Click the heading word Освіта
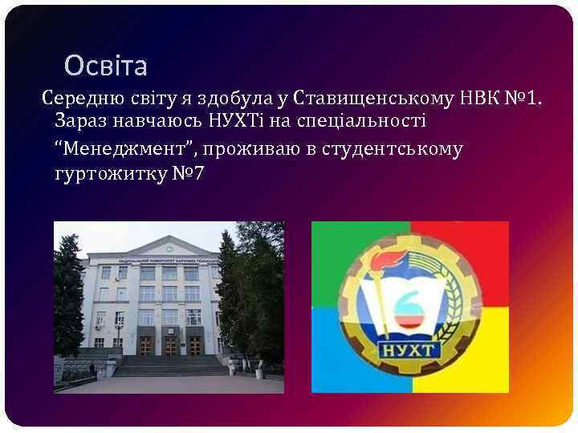[x=106, y=64]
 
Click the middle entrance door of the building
[x=170, y=346]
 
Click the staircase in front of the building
[x=169, y=366]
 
